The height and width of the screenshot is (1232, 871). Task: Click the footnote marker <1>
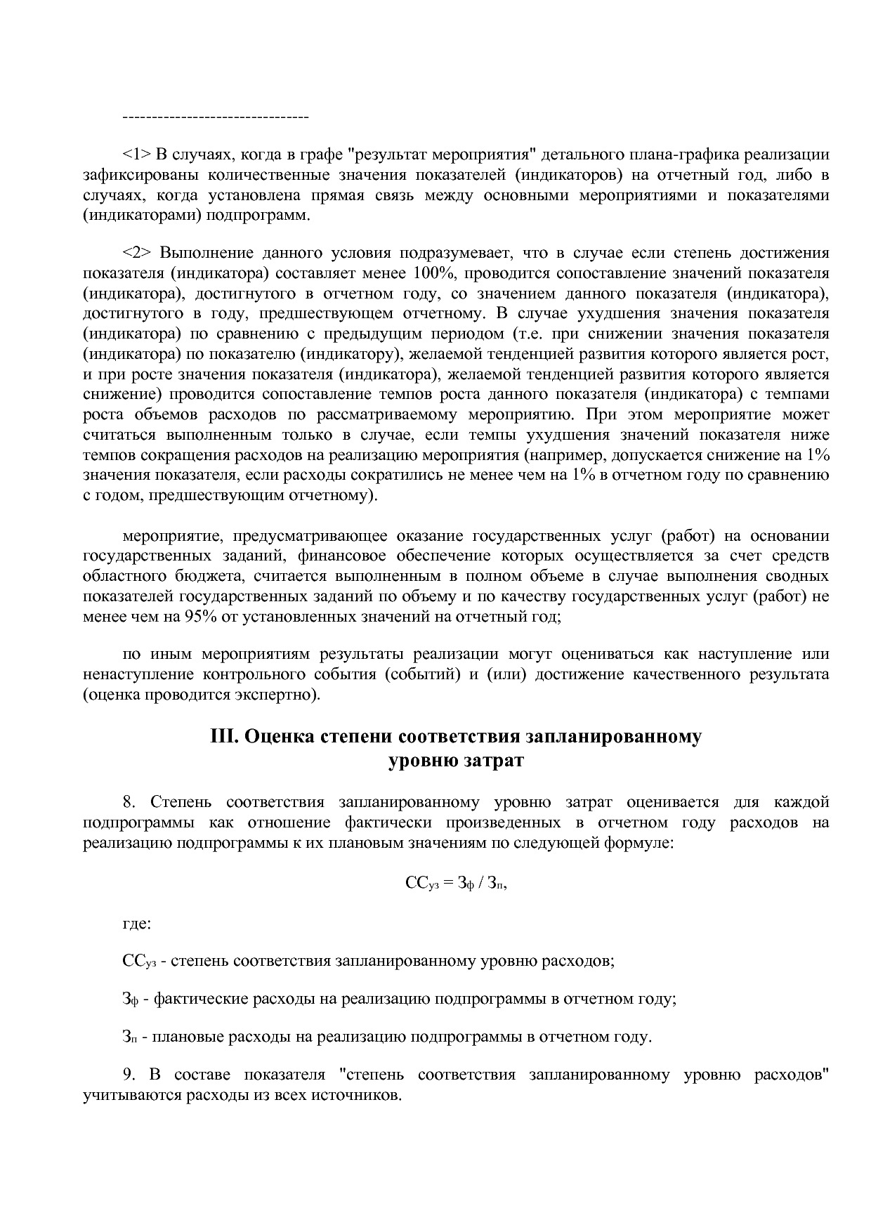(136, 155)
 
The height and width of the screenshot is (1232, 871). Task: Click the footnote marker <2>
(136, 253)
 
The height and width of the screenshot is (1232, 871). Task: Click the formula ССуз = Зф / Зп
(456, 884)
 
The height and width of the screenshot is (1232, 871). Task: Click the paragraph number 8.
(128, 802)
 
